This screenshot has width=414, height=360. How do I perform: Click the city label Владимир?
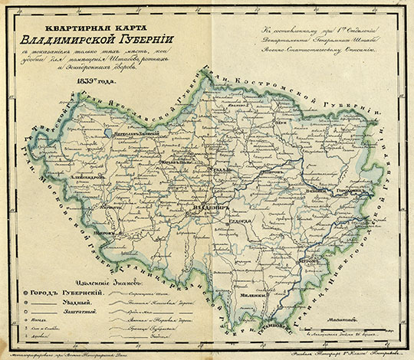tap(204, 206)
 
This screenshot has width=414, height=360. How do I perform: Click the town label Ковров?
tap(270, 173)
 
